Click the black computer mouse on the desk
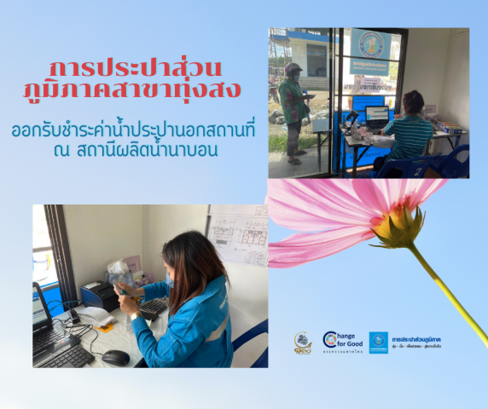point(115,357)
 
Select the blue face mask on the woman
point(171,279)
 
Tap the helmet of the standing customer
point(293,69)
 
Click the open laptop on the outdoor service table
point(376,116)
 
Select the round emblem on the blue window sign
point(371,44)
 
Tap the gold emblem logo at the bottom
point(303,342)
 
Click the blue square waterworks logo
point(378,342)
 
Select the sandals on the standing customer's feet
point(295,158)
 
